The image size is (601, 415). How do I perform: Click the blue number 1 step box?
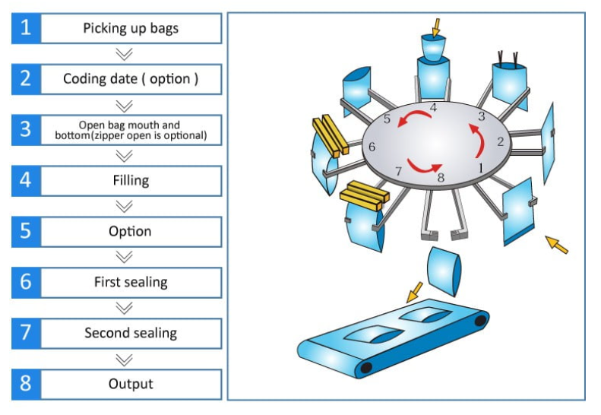pyautogui.click(x=26, y=28)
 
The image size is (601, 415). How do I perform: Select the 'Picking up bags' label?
pyautogui.click(x=131, y=29)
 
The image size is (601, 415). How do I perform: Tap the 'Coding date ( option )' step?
pyautogui.click(x=131, y=79)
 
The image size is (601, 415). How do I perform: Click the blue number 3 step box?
pyautogui.click(x=26, y=129)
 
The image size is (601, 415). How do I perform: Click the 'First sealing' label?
pyautogui.click(x=131, y=282)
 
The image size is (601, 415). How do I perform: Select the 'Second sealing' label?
pyautogui.click(x=131, y=333)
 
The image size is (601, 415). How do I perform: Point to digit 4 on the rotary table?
pyautogui.click(x=433, y=108)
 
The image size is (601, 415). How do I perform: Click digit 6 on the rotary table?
pyautogui.click(x=372, y=147)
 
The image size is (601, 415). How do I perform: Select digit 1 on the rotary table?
pyautogui.click(x=480, y=165)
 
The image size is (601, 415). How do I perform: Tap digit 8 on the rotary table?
pyautogui.click(x=441, y=178)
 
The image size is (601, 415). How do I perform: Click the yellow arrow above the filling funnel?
pyautogui.click(x=435, y=27)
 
